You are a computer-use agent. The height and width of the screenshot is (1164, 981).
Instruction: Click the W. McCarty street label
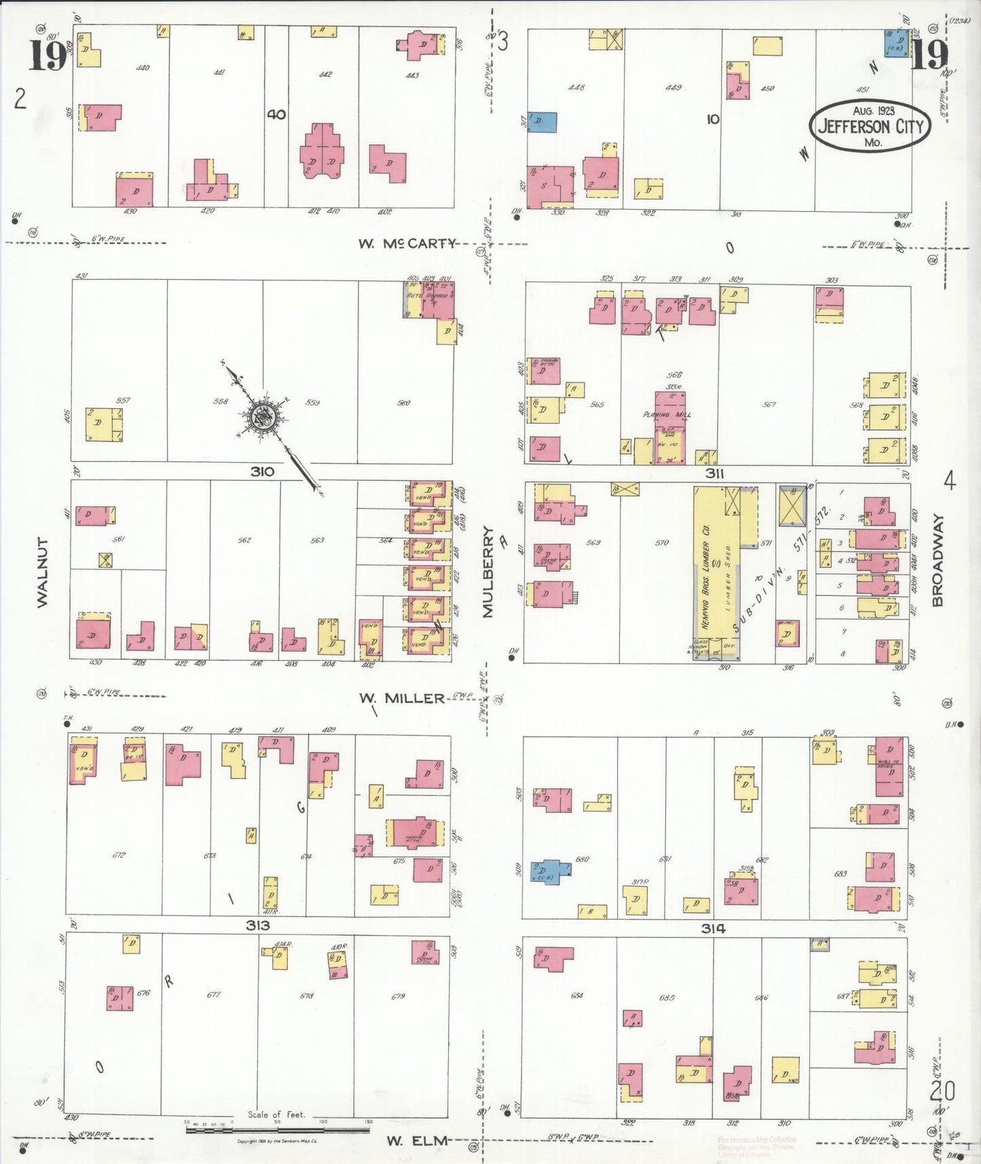[407, 243]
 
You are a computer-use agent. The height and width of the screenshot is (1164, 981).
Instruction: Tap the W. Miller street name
[401, 697]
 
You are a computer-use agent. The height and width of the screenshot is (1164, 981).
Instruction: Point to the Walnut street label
[42, 572]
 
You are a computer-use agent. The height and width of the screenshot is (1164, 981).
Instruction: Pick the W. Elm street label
[417, 1140]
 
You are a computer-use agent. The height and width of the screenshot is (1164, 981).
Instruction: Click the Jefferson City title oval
[870, 126]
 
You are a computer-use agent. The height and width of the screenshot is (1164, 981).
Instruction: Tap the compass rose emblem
[263, 417]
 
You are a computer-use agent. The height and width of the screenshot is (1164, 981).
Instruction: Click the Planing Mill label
[666, 414]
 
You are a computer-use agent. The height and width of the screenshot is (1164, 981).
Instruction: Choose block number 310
[262, 471]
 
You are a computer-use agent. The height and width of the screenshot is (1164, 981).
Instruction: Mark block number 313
[257, 925]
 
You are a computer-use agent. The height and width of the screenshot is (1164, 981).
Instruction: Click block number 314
[714, 928]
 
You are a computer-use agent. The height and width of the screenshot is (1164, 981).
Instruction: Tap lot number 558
[220, 401]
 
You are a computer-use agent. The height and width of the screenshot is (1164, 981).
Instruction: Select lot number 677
[215, 995]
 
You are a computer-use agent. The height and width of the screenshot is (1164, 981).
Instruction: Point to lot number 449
[673, 88]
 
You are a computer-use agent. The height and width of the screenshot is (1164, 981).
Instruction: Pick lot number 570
[661, 543]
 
